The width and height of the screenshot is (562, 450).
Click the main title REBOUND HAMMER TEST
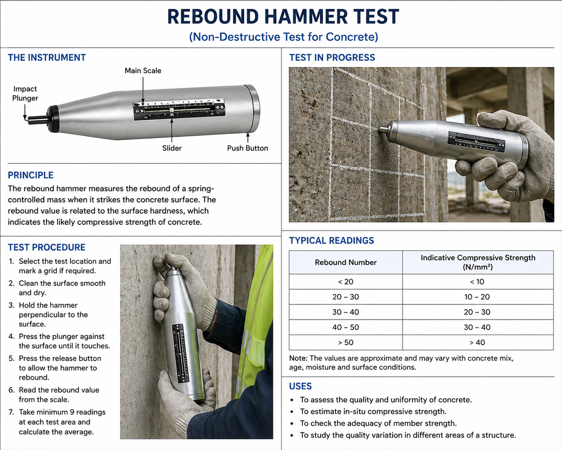pyautogui.click(x=283, y=17)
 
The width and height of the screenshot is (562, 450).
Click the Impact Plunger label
pyautogui.click(x=25, y=94)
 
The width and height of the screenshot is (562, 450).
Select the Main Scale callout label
pyautogui.click(x=143, y=71)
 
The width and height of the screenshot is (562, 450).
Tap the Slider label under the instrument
pyautogui.click(x=172, y=148)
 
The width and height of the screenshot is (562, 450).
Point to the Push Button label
pyautogui.click(x=247, y=148)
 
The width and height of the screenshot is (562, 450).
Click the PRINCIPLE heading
pyautogui.click(x=31, y=175)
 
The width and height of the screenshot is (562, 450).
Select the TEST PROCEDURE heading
pyautogui.click(x=47, y=247)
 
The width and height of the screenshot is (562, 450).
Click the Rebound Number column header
pyautogui.click(x=346, y=263)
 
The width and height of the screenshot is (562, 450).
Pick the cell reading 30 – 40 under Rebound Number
pyautogui.click(x=346, y=312)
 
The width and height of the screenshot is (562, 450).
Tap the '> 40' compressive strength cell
pyautogui.click(x=477, y=342)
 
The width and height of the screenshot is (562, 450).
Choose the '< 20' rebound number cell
pyautogui.click(x=346, y=282)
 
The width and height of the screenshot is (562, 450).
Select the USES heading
pyautogui.click(x=300, y=386)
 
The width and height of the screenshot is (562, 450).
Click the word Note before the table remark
pyautogui.click(x=298, y=358)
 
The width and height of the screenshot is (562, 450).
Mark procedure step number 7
pyautogui.click(x=11, y=412)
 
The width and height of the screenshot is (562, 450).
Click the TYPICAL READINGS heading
pyautogui.click(x=332, y=240)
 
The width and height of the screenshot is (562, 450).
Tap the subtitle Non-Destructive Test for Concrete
pyautogui.click(x=283, y=37)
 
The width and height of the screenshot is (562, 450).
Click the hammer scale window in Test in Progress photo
pyautogui.click(x=476, y=141)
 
